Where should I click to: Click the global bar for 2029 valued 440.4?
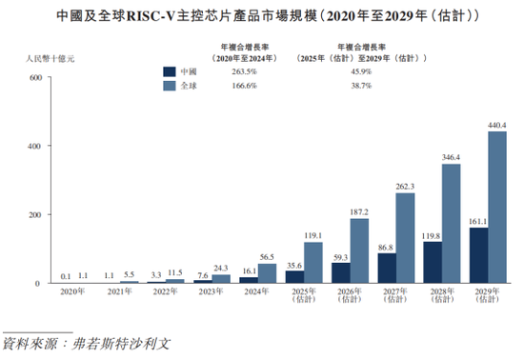tap(497, 208)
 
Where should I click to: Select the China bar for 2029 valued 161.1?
tap(478, 255)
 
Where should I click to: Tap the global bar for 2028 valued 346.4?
tap(451, 224)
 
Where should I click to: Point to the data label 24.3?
tap(221, 268)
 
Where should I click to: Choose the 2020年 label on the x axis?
tap(72, 292)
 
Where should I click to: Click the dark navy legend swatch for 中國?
tap(170, 71)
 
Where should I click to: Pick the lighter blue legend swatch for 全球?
tap(170, 87)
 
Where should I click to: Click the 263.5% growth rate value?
tap(232, 71)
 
